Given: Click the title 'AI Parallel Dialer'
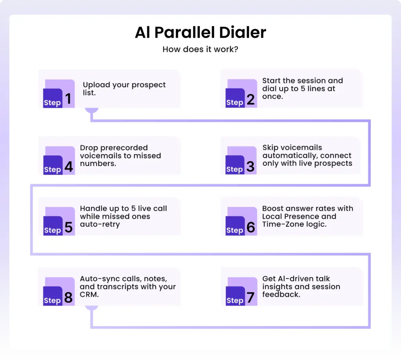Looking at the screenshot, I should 200,33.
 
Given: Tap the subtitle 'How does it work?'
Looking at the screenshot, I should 200,49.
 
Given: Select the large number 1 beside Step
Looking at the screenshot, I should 69,99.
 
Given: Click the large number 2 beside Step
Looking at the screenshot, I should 251,99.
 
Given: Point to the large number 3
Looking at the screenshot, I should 251,166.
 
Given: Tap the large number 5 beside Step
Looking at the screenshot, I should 69,227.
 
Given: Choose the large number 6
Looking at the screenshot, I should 251,227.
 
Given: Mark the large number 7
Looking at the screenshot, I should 251,297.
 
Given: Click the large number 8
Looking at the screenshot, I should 69,297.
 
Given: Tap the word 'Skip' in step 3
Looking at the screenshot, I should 270,148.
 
